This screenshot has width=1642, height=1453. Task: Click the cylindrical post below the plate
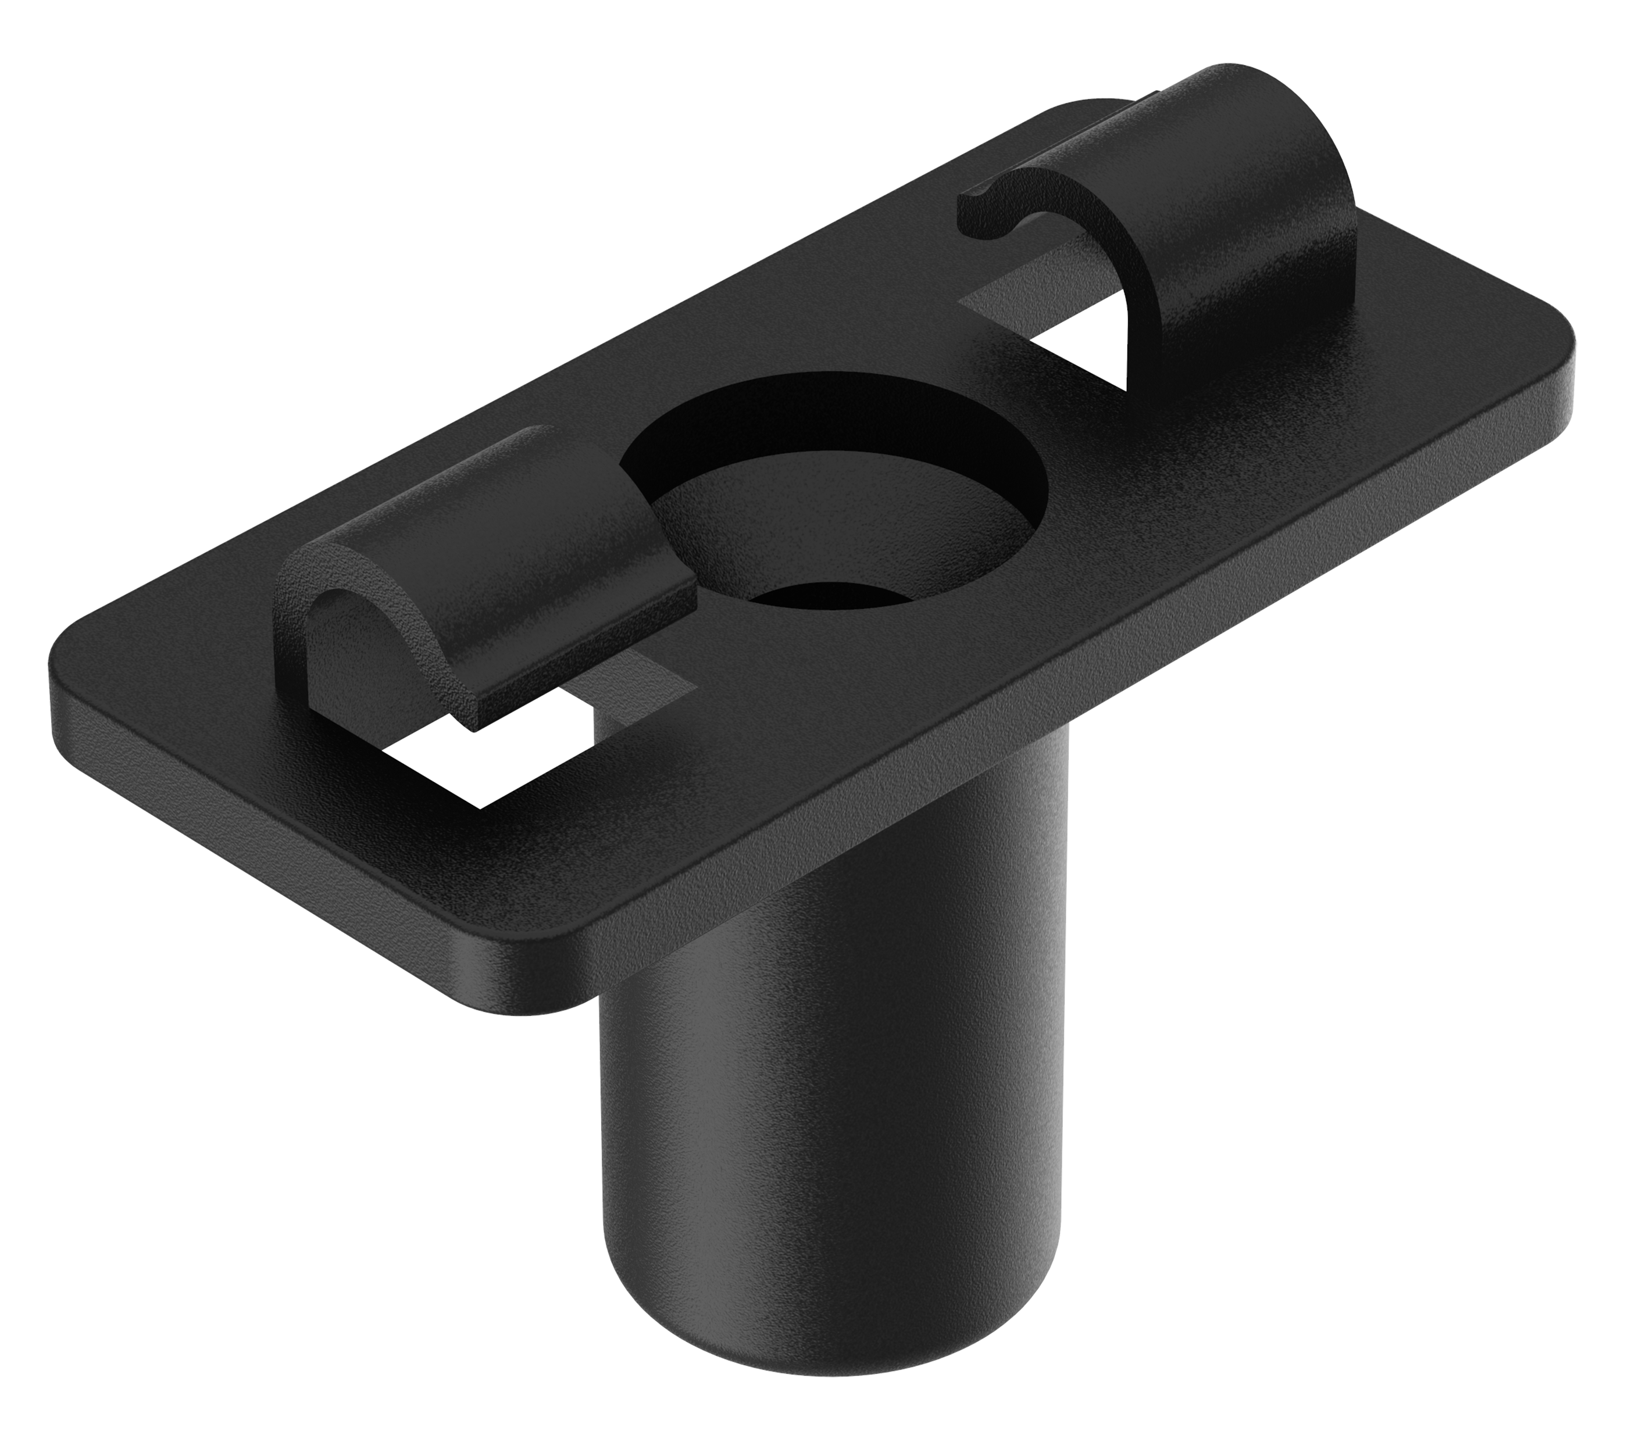836,1125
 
